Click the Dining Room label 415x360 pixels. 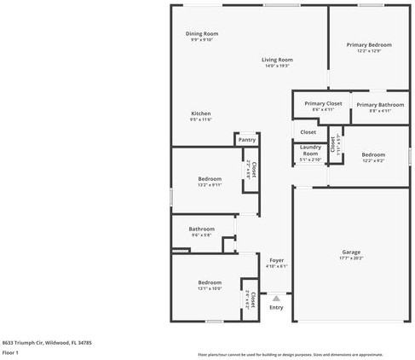tap(202, 34)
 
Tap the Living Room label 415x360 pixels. tap(277, 60)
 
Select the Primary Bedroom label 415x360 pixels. tap(369, 44)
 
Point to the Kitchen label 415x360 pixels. tap(200, 113)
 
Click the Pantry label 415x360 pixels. tap(247, 140)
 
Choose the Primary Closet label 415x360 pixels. tap(323, 103)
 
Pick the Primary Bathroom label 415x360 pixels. tap(373, 104)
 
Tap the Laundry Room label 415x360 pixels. tap(310, 151)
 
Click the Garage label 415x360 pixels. tap(351, 253)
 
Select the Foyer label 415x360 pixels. tap(276, 259)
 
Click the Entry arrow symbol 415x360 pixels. tap(276, 299)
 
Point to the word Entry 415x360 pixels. tap(276, 308)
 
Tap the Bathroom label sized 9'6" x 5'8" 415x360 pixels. tap(201, 229)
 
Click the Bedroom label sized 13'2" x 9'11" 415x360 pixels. tap(210, 179)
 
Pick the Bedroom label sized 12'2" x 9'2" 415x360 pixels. tap(373, 154)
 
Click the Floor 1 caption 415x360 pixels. tap(10, 351)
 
